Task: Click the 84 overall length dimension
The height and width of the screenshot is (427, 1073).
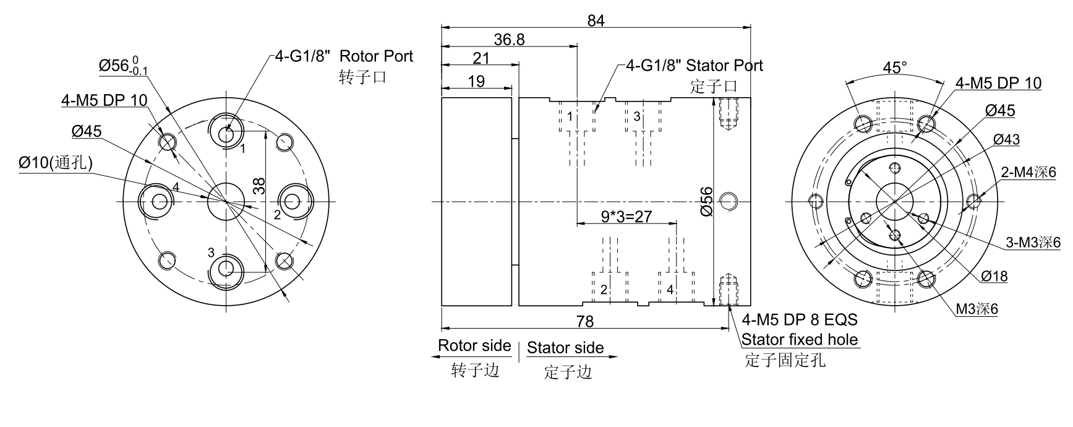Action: (596, 20)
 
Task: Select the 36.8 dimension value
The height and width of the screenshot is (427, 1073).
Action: (510, 40)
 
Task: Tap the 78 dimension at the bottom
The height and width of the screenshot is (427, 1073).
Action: (584, 321)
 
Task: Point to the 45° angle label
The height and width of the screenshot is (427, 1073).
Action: (894, 67)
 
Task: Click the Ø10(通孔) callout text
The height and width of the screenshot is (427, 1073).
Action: (56, 163)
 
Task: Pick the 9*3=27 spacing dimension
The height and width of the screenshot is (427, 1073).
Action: (626, 216)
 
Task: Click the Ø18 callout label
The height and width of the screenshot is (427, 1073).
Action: (994, 276)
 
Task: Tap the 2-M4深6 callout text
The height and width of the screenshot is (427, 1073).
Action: (1028, 172)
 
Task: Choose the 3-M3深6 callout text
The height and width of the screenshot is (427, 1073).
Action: (1033, 243)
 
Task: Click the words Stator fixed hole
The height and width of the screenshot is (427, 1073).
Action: (800, 339)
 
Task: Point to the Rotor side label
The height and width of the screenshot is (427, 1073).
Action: (474, 345)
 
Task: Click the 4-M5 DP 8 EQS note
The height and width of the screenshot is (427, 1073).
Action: (800, 319)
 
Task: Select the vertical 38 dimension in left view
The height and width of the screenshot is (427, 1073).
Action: (260, 186)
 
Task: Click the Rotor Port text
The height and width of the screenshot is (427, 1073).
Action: (376, 56)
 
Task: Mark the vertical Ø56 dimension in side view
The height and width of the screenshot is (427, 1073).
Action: (707, 201)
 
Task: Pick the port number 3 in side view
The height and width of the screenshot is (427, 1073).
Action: (637, 116)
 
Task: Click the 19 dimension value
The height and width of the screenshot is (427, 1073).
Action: (477, 81)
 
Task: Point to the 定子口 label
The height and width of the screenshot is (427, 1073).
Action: (713, 87)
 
